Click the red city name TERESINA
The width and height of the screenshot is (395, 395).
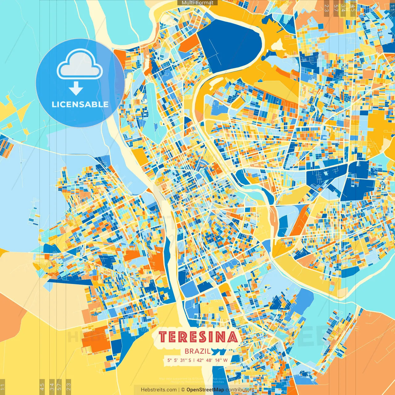tap(198, 337)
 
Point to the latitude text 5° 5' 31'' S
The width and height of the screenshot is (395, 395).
tap(179, 360)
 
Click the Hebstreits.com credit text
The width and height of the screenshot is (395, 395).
tap(159, 390)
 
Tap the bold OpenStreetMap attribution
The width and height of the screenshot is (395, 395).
tap(205, 390)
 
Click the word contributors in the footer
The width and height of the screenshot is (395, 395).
tap(240, 390)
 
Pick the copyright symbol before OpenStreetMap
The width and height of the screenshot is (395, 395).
tap(183, 390)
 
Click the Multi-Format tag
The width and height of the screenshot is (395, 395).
tap(197, 3)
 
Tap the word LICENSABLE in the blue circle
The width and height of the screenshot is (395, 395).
tap(80, 104)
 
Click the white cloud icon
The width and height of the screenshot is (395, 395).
tap(80, 64)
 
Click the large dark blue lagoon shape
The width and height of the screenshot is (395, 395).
tap(228, 46)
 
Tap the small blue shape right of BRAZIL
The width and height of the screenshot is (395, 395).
tap(220, 351)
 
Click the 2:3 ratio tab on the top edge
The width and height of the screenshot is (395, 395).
tap(326, 8)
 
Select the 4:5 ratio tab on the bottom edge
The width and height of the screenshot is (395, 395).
tap(42, 386)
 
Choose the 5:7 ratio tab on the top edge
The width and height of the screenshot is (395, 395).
tap(336, 8)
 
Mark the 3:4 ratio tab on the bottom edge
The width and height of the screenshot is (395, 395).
tap(52, 386)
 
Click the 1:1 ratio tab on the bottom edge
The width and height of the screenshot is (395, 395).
tap(2, 387)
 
